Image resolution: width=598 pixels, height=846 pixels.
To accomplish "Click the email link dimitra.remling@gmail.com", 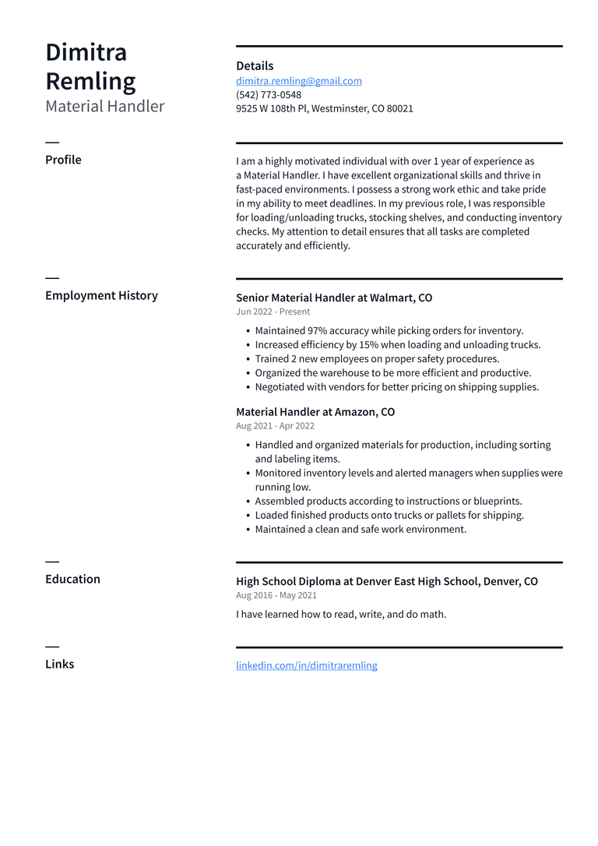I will point(299,81).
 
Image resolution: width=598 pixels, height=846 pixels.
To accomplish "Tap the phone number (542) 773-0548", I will point(269,95).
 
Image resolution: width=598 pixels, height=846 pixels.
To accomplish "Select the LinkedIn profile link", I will point(307,665).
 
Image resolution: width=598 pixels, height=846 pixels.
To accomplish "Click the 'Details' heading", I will point(255,66).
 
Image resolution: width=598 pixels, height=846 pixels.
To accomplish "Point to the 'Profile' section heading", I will point(63,160).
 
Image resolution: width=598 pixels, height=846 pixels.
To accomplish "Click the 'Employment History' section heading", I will point(101,295).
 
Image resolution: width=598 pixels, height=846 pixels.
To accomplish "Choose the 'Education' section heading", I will point(72,579).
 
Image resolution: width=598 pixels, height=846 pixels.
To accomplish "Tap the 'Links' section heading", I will point(60,664).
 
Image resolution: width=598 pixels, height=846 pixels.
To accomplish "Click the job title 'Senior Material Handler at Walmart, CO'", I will point(334,298).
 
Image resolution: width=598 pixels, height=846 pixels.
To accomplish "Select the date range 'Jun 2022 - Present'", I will point(273,312).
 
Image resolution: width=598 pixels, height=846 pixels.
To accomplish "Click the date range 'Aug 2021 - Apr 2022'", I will point(275,426).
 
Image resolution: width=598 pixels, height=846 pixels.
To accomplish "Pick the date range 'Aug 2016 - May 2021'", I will point(276,595).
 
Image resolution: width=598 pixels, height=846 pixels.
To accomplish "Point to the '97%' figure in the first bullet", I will point(317,331).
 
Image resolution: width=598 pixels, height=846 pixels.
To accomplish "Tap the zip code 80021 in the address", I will point(399,109).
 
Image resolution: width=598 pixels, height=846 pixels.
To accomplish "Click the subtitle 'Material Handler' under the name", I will point(105,106).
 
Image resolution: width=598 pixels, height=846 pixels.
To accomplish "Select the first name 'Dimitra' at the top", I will point(86,52).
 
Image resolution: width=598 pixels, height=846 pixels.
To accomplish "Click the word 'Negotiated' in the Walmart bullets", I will point(281,387).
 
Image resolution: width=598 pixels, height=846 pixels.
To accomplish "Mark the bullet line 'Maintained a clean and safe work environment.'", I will point(361,530).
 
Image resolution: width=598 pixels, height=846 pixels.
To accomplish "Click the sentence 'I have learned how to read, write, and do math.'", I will point(341,614).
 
